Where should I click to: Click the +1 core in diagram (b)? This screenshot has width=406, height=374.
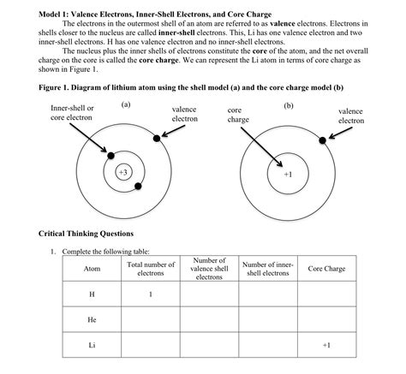[287, 173]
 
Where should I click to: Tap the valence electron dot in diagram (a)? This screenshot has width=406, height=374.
[156, 138]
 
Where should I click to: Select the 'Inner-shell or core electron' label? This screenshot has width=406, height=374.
[73, 113]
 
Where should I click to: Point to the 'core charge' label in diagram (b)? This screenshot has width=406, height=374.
[238, 116]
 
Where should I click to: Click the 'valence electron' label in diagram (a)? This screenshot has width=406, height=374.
[184, 115]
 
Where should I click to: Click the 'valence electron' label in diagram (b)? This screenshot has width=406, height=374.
[350, 116]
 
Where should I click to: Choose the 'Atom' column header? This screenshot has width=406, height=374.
[92, 269]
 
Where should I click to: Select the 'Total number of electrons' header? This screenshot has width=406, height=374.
[151, 269]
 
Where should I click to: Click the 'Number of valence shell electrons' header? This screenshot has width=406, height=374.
[209, 269]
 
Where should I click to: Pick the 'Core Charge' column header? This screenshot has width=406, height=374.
[326, 269]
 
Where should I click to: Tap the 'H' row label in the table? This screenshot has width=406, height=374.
[92, 294]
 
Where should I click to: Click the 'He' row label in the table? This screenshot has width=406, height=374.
[92, 319]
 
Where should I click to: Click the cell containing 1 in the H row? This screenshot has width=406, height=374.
[151, 294]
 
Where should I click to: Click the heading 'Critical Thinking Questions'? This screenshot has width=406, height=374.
[87, 234]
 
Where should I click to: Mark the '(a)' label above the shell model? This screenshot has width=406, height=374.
[125, 104]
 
